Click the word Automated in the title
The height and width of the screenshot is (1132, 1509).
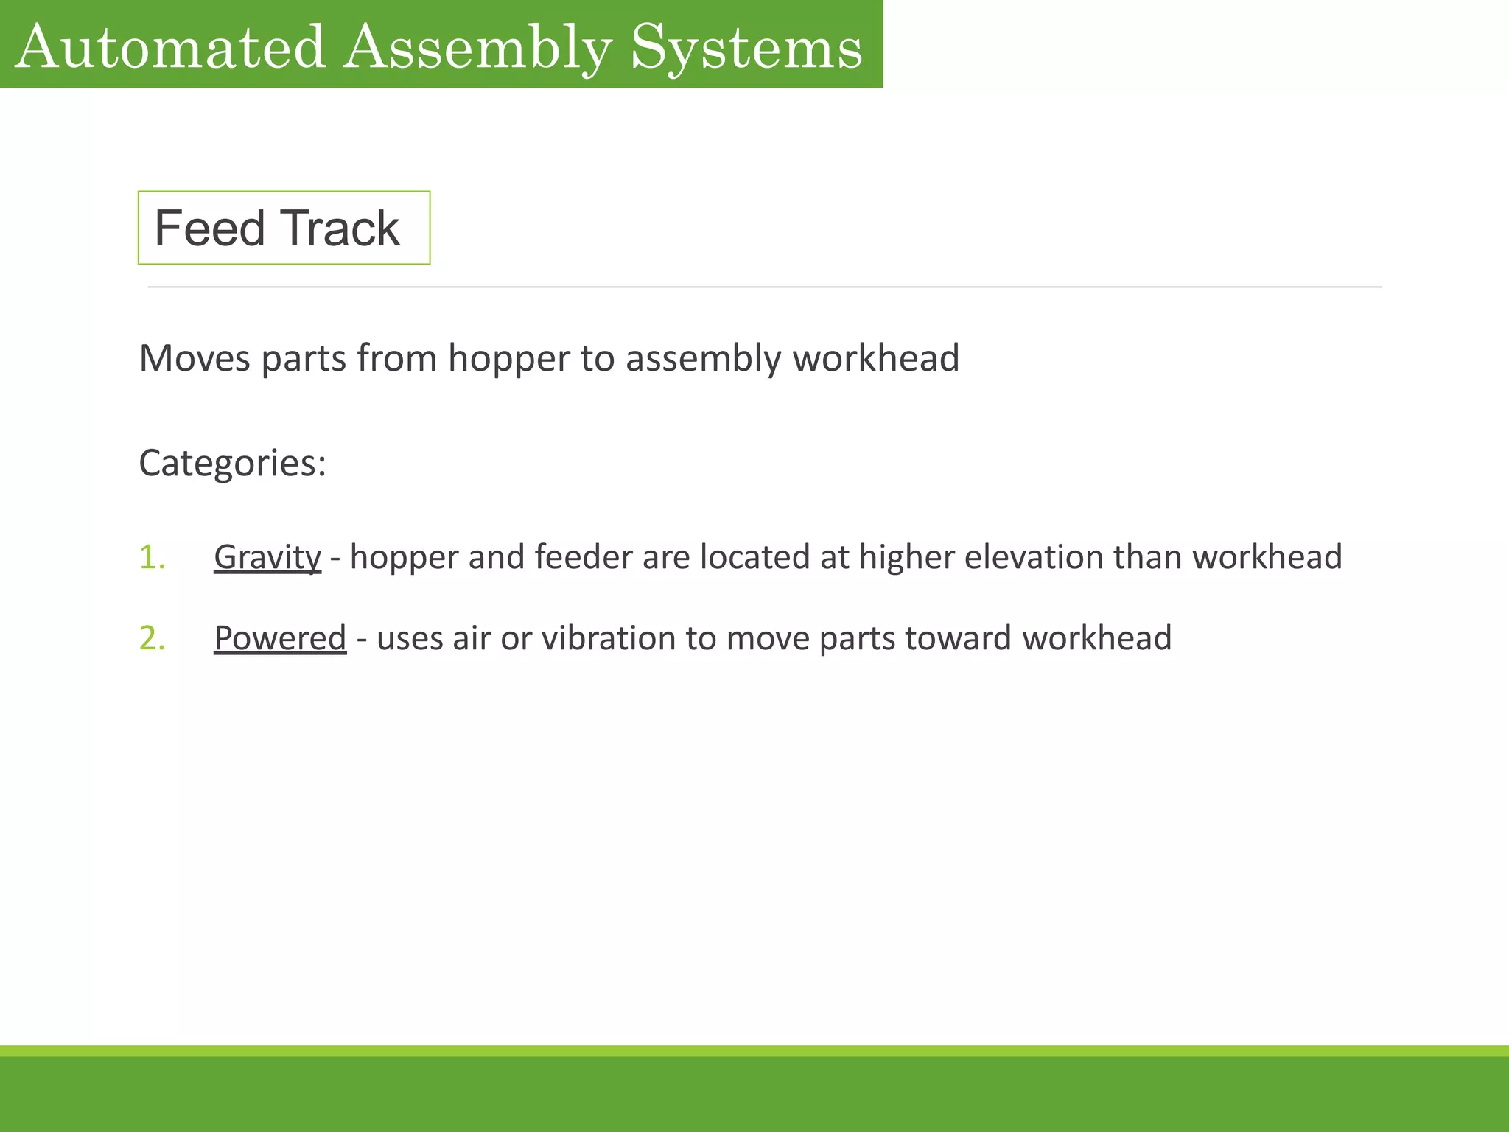coord(170,48)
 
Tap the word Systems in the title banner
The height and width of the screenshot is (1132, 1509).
coord(746,48)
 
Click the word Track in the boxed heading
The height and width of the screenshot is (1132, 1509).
coord(340,228)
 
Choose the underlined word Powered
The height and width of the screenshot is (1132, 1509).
coord(280,638)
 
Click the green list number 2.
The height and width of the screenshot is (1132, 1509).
coord(152,638)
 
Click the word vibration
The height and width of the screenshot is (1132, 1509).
coord(608,638)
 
